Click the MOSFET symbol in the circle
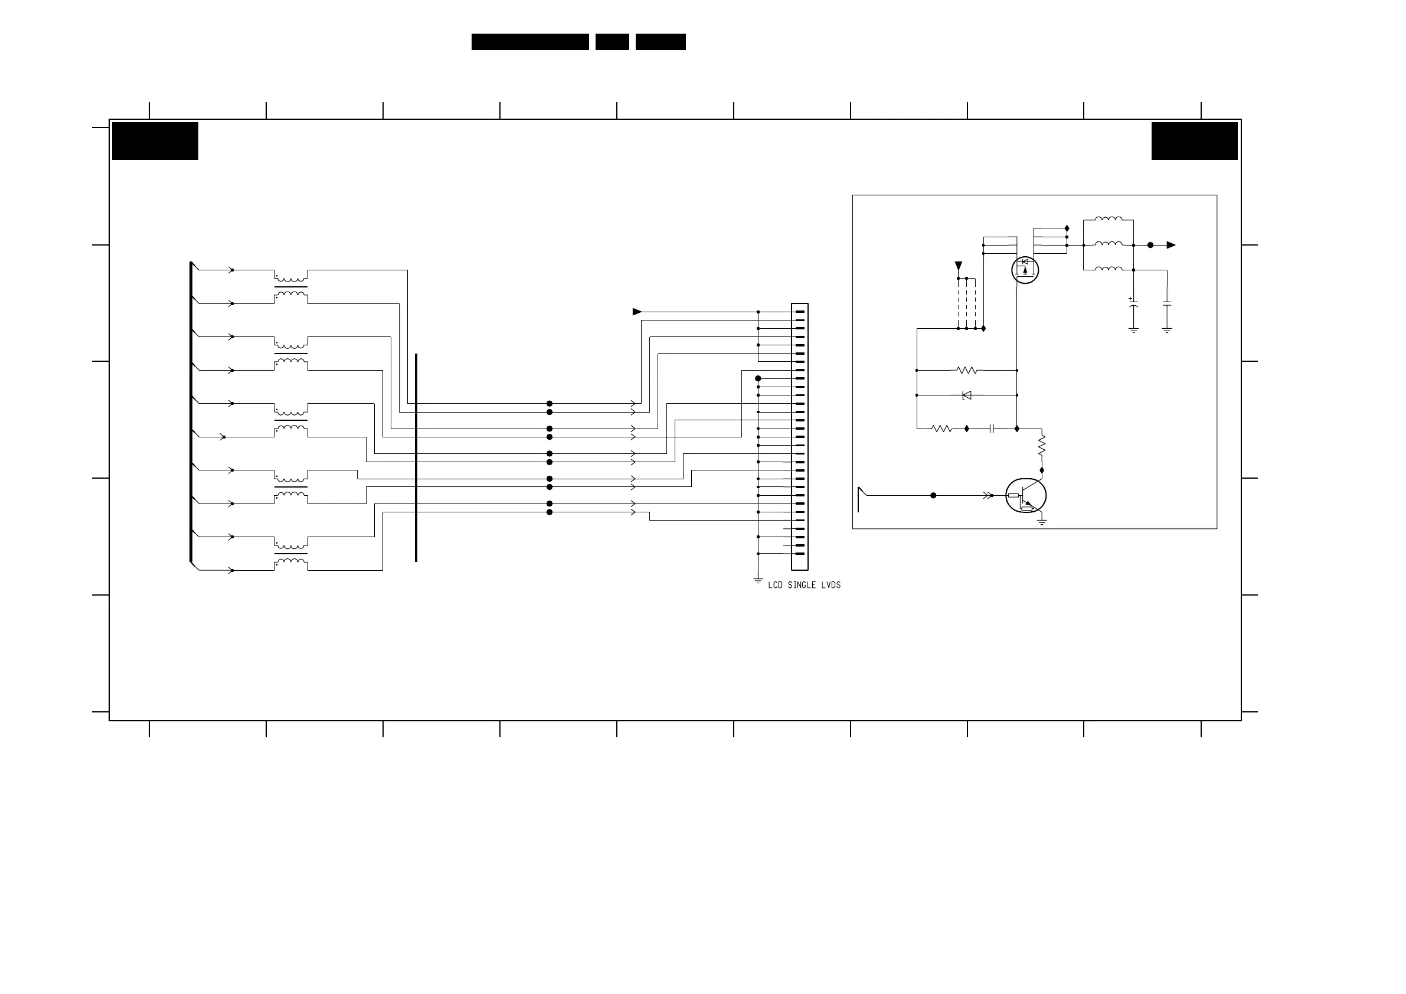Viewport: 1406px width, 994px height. click(x=1025, y=270)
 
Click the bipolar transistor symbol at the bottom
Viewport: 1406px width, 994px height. click(x=1026, y=496)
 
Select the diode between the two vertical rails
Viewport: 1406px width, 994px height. click(x=967, y=395)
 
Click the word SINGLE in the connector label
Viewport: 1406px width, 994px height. click(x=801, y=586)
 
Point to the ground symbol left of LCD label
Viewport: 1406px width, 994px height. click(x=758, y=580)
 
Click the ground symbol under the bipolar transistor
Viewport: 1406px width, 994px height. click(x=1042, y=522)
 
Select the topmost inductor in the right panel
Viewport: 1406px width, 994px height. click(x=1109, y=218)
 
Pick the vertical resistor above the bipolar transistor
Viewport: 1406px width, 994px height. click(x=1042, y=444)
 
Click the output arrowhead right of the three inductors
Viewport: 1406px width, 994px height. click(x=1171, y=245)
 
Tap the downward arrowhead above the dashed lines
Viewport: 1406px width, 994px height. click(x=959, y=266)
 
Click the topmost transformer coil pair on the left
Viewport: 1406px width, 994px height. click(x=291, y=287)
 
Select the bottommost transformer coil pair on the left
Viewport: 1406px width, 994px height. click(x=291, y=554)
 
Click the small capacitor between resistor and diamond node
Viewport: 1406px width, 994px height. click(x=992, y=429)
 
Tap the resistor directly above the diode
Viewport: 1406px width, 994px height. click(x=967, y=371)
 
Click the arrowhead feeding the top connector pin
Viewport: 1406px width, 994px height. click(x=637, y=312)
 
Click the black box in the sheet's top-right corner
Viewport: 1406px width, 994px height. click(x=1194, y=141)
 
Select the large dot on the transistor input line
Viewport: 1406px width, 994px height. click(x=933, y=495)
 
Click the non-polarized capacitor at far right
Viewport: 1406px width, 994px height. click(x=1167, y=304)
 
